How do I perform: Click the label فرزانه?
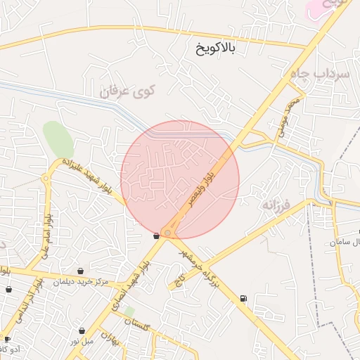[x=276, y=205]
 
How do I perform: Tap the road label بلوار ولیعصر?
[x=202, y=189]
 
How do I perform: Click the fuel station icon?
[x=243, y=298]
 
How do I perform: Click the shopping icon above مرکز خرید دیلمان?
[x=81, y=271]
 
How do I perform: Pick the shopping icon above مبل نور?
[x=82, y=330]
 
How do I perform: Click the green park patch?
[x=58, y=139]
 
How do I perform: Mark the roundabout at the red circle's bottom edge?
[x=167, y=233]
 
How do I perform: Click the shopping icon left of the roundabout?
[x=156, y=236]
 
